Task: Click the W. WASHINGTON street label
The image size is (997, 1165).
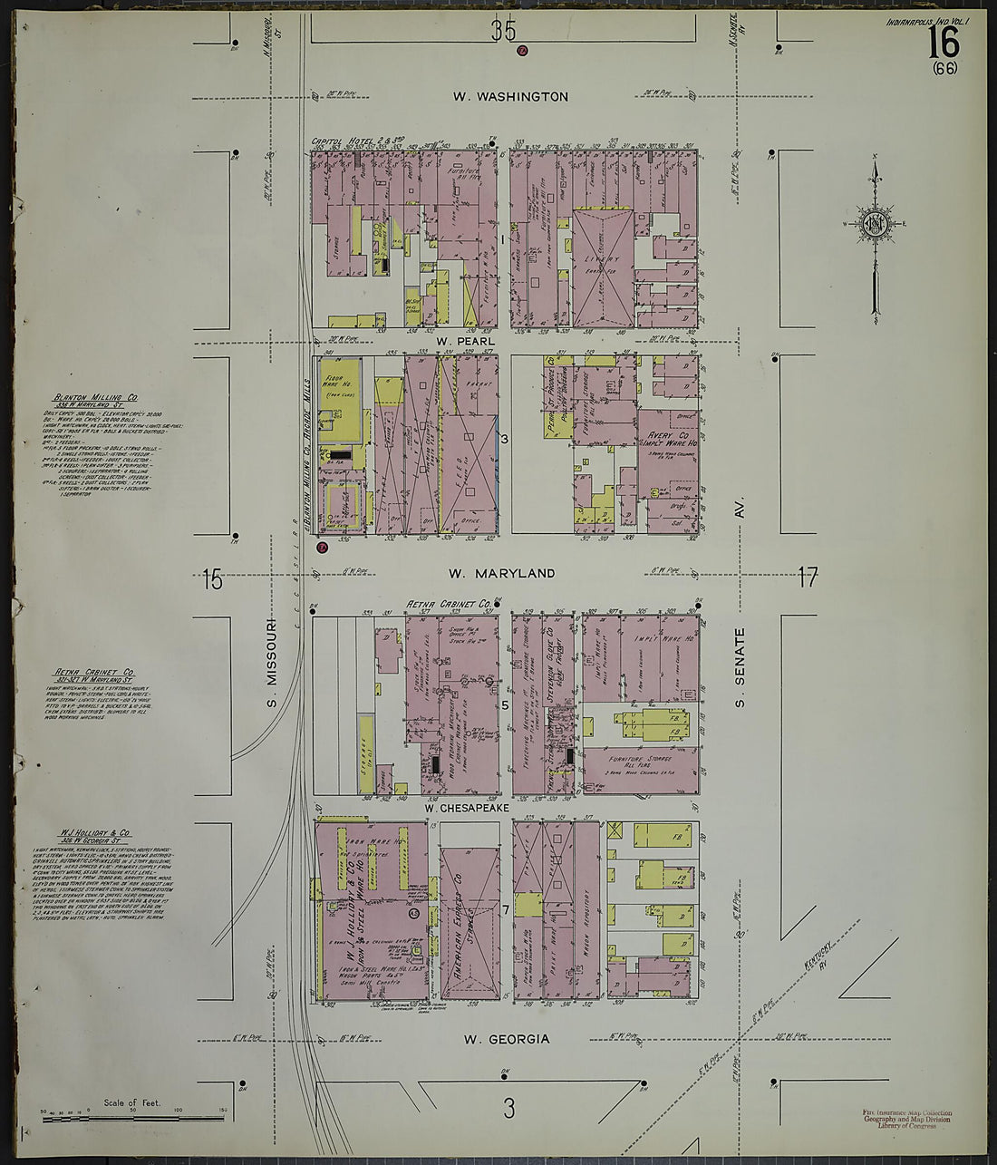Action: (510, 96)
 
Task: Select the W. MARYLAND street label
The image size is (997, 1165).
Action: (501, 573)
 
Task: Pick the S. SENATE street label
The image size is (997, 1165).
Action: (740, 667)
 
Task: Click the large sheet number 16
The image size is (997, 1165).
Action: (943, 42)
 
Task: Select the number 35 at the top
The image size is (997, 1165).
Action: (503, 32)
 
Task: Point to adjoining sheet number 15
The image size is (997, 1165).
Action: (212, 578)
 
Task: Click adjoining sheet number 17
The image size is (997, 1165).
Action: (808, 577)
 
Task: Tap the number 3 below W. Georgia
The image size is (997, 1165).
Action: (509, 1107)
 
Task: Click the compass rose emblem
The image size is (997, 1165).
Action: (876, 225)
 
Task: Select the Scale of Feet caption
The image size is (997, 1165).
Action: (132, 1102)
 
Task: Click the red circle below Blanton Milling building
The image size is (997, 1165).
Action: (321, 547)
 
